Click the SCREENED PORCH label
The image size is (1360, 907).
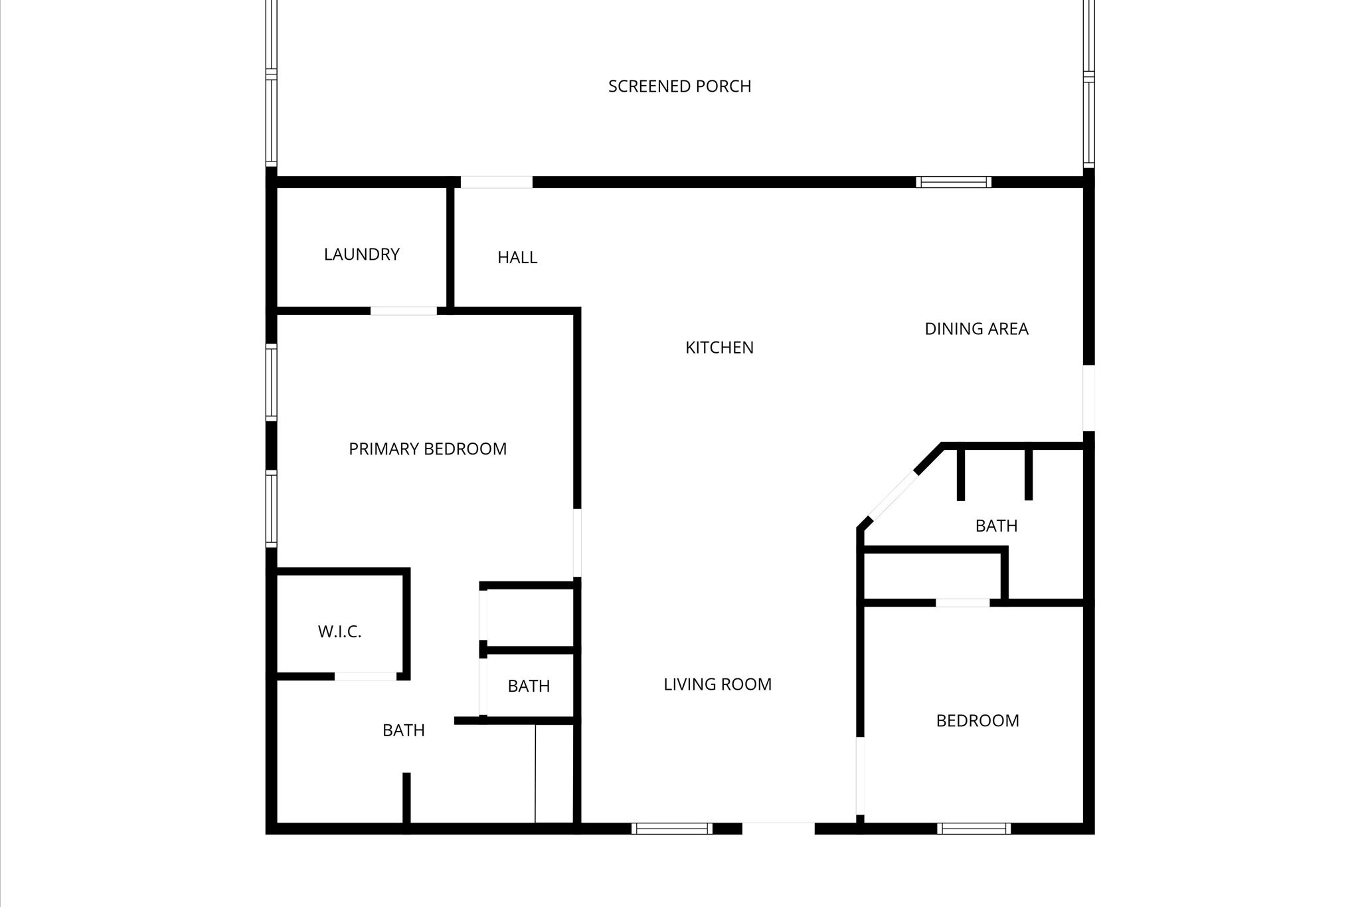click(679, 86)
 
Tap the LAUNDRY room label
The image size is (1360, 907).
click(361, 254)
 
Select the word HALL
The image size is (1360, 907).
click(517, 258)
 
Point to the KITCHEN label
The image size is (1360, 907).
click(719, 348)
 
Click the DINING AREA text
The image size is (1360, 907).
click(976, 329)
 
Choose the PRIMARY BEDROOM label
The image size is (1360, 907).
click(428, 449)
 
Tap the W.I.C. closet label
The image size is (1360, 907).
click(339, 632)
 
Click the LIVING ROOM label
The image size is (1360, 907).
click(717, 684)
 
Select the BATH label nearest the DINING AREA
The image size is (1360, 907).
click(996, 526)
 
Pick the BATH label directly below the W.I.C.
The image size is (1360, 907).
click(404, 731)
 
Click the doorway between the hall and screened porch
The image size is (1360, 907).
click(497, 182)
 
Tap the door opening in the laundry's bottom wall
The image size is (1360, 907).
click(404, 310)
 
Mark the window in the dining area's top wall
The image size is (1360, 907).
click(954, 182)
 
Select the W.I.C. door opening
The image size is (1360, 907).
click(365, 676)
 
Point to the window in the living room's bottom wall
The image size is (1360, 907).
click(672, 829)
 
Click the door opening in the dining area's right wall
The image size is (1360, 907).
click(1088, 397)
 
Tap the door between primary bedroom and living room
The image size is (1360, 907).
click(577, 542)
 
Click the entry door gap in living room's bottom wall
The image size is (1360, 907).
click(778, 829)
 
